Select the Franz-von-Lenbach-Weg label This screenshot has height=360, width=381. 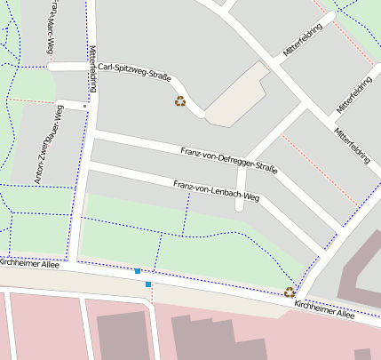click(216, 190)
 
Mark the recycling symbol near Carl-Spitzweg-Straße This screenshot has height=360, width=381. click(180, 101)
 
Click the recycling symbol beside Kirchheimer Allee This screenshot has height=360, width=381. click(290, 292)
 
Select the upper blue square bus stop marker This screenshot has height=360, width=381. click(138, 270)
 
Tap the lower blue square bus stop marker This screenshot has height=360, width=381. click(148, 284)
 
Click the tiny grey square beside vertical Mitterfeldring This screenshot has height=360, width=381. click(85, 107)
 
